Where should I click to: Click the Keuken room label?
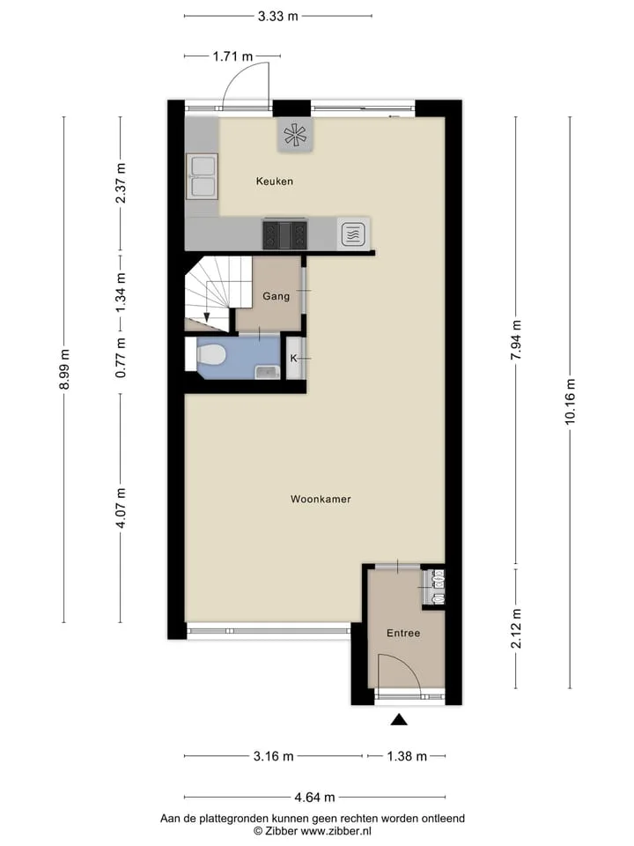(275, 182)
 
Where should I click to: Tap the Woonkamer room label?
(321, 499)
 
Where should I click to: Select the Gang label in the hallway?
(276, 296)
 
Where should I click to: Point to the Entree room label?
(403, 633)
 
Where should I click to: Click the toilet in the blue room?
(210, 355)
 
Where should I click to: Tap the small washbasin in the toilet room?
(266, 372)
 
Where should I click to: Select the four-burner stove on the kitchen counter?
(284, 235)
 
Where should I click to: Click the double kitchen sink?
(203, 176)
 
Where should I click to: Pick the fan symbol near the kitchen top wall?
(296, 135)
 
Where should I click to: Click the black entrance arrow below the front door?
(399, 719)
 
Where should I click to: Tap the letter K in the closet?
(294, 359)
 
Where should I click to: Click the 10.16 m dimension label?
(570, 402)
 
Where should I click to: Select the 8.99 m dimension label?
(64, 369)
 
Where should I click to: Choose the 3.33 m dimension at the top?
(277, 16)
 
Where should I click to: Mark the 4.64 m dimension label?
(315, 797)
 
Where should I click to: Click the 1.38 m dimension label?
(407, 756)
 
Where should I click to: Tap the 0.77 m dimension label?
(121, 357)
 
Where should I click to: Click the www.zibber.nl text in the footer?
(335, 831)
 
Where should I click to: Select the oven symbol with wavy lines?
(354, 234)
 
